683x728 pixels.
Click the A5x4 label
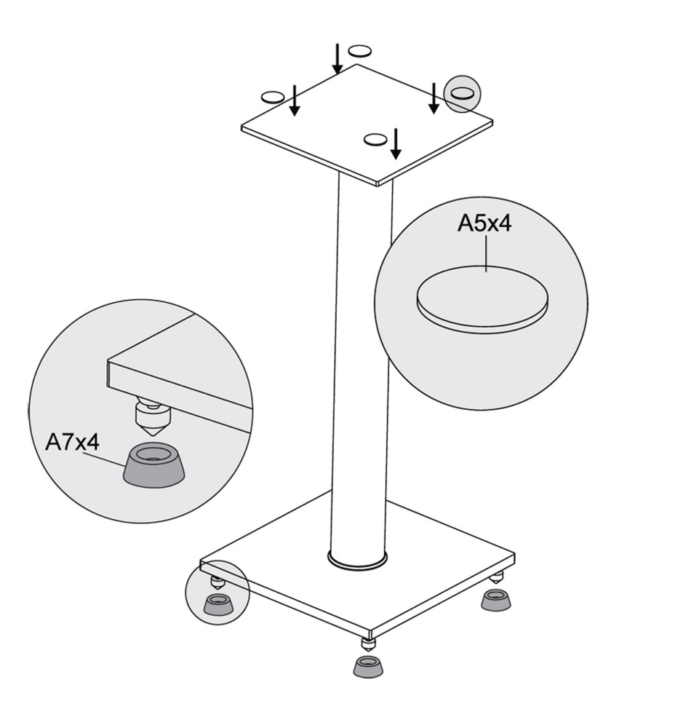484,223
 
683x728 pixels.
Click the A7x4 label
72,442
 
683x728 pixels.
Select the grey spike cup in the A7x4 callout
154,465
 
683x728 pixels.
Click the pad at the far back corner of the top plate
361,50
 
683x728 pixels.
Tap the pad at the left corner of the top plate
273,97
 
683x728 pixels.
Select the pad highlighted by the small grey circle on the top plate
463,93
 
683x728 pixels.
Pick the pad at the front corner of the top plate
375,139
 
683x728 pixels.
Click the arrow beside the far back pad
338,59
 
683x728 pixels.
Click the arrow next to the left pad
294,100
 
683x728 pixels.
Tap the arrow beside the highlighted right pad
434,98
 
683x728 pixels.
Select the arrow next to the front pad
396,143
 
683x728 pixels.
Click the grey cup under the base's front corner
369,666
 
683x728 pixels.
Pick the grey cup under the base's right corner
497,600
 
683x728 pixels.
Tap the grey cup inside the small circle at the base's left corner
220,604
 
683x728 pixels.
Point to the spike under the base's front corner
367,645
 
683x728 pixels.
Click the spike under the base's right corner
497,577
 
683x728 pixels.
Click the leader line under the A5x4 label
486,253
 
